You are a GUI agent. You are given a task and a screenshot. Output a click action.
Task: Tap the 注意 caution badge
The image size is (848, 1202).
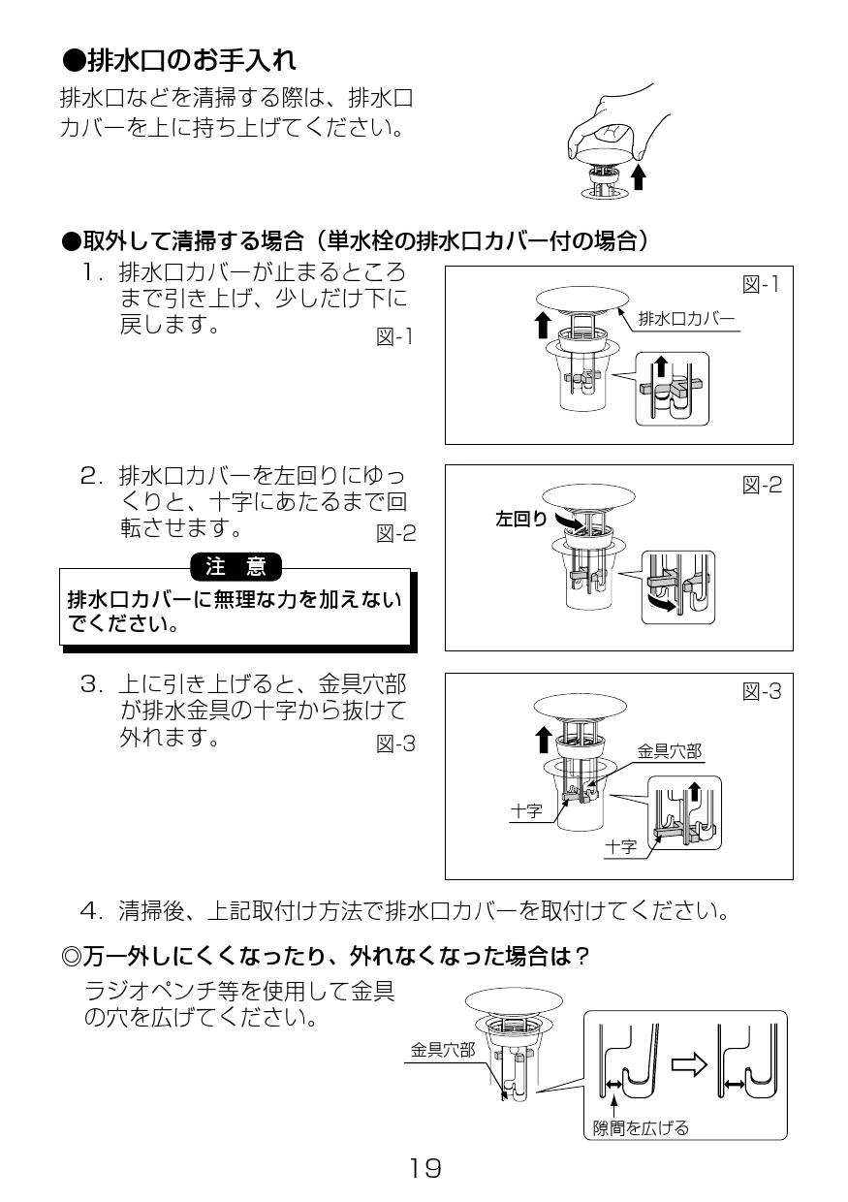(x=236, y=565)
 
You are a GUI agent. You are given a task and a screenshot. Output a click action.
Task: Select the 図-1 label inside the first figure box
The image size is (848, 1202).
(x=761, y=284)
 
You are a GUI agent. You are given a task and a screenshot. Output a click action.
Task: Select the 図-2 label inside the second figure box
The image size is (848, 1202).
(x=762, y=485)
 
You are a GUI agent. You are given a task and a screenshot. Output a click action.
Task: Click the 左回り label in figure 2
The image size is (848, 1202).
(x=521, y=520)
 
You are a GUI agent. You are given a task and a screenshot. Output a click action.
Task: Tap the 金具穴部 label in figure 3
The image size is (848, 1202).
(x=669, y=751)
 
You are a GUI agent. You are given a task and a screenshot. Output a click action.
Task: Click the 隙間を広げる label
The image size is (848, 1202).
(x=641, y=1127)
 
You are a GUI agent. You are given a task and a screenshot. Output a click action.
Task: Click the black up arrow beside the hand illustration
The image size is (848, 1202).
(x=638, y=177)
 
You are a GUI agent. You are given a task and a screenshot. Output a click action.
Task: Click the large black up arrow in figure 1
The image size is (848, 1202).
(x=542, y=325)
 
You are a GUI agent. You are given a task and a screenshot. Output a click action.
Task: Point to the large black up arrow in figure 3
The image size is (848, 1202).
(x=542, y=741)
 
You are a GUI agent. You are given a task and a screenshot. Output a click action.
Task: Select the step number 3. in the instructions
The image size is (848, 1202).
(x=93, y=685)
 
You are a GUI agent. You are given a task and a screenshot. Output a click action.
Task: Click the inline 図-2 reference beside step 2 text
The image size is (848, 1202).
(x=395, y=532)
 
